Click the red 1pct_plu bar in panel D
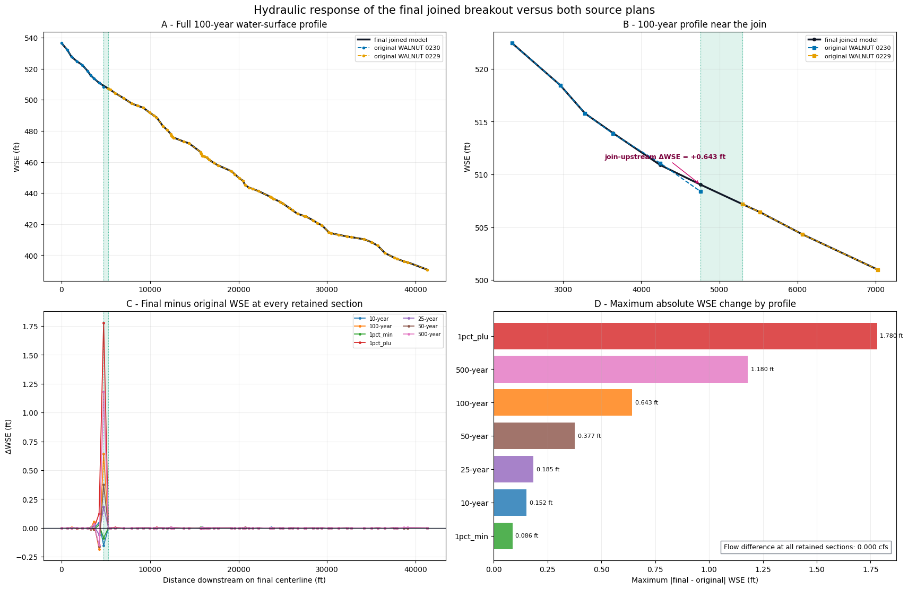pyautogui.click(x=685, y=336)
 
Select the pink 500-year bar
pyautogui.click(x=620, y=369)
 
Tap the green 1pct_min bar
pyautogui.click(x=503, y=536)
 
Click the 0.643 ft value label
pyautogui.click(x=646, y=403)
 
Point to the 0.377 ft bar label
pyautogui.click(x=590, y=436)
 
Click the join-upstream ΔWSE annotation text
pyautogui.click(x=665, y=157)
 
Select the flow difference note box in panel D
pyautogui.click(x=806, y=547)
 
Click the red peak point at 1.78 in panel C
pyautogui.click(x=104, y=323)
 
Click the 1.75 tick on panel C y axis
pyautogui.click(x=31, y=327)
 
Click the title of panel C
pyautogui.click(x=245, y=304)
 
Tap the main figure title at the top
pyautogui.click(x=454, y=10)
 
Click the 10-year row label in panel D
pyautogui.click(x=474, y=503)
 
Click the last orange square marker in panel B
pyautogui.click(x=878, y=270)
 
